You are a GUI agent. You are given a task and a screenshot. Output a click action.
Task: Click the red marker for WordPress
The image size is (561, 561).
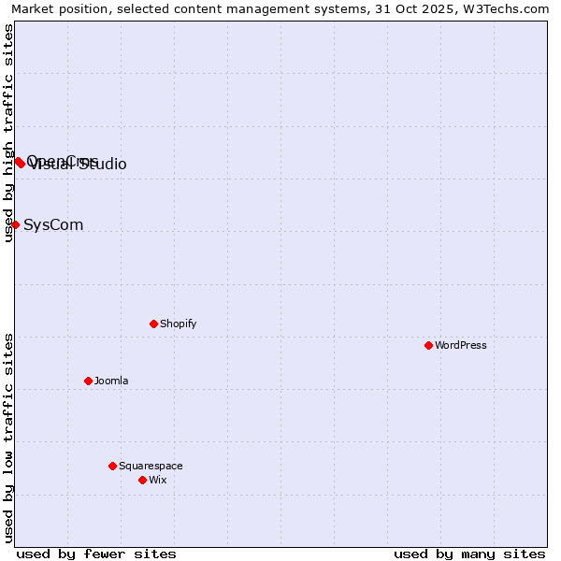pos(428,345)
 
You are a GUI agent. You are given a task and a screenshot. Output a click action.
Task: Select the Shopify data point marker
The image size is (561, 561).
pos(153,324)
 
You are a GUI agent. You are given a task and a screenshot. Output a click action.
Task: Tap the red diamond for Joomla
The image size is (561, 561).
pos(88,381)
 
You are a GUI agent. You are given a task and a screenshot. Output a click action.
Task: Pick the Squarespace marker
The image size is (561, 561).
pos(112,466)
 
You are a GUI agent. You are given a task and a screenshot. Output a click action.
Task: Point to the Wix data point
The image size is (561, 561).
pos(142,480)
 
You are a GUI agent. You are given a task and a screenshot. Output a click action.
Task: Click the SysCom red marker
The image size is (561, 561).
pos(15,224)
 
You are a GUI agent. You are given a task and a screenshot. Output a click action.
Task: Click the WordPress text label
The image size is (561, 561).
pos(461,345)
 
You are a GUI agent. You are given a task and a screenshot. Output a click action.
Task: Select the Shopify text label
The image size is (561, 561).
pos(178,324)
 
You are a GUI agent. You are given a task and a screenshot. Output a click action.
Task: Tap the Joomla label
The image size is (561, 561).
pos(111,381)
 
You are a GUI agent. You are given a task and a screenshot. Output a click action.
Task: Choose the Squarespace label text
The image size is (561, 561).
pos(151,466)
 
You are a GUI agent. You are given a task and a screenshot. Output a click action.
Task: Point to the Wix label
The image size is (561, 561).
pos(157,480)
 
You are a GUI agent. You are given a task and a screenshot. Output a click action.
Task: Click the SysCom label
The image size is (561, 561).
pos(53,224)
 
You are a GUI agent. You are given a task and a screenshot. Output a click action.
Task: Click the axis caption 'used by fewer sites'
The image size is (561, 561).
pos(96,554)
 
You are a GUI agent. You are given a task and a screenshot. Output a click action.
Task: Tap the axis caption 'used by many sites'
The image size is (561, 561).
pos(469,554)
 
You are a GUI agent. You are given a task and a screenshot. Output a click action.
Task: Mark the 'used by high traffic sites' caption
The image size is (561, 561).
pos(8,133)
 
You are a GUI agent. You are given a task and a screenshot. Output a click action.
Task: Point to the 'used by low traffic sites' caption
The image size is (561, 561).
pos(8,438)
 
